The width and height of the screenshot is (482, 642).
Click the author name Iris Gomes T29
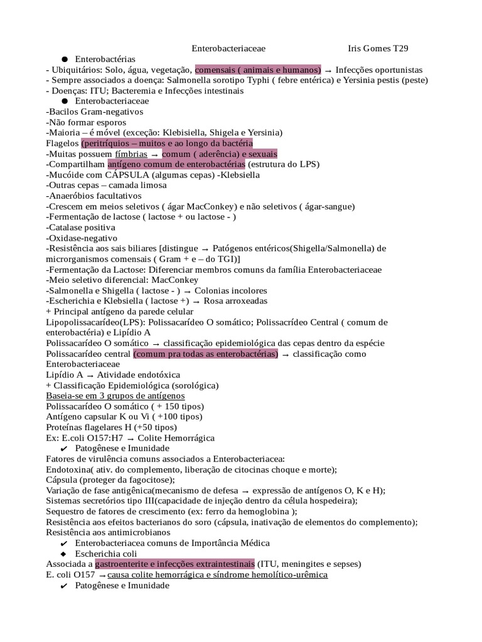(378, 48)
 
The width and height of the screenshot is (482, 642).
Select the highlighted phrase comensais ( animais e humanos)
(258, 70)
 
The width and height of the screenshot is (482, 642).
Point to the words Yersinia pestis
(358, 80)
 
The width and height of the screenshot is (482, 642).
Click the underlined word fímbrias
(131, 154)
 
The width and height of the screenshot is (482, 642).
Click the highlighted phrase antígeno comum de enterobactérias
(176, 164)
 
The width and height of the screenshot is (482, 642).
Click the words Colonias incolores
(230, 291)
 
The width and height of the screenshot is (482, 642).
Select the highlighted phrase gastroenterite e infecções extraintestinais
(174, 564)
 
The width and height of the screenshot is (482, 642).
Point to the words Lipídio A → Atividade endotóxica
(108, 375)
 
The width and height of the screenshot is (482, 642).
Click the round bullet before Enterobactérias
(65, 59)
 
